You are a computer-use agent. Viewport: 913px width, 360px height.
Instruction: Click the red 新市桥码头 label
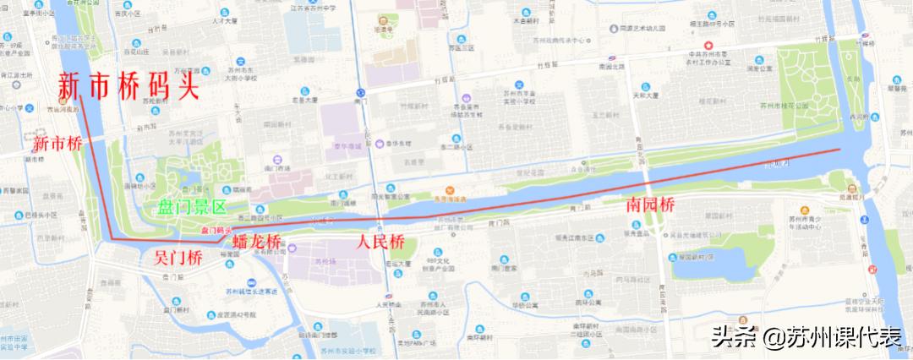127,86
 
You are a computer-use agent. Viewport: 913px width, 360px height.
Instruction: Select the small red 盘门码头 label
215,229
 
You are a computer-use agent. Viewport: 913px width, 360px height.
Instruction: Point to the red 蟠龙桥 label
255,244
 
